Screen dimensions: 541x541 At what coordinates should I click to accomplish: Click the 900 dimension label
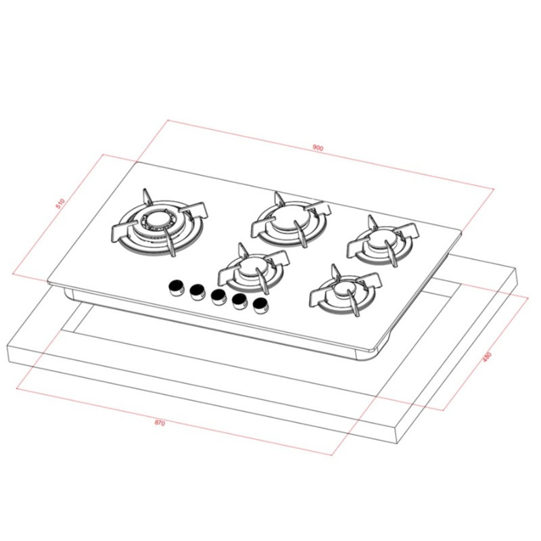(317, 147)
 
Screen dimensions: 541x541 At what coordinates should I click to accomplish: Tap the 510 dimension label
(60, 203)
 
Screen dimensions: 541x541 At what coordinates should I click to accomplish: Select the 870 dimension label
(160, 423)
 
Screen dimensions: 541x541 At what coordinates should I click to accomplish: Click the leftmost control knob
(177, 287)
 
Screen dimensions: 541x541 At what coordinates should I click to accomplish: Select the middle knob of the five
(217, 297)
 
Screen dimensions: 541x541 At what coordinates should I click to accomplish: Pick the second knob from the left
(197, 291)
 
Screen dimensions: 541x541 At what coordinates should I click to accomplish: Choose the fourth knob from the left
(239, 302)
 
